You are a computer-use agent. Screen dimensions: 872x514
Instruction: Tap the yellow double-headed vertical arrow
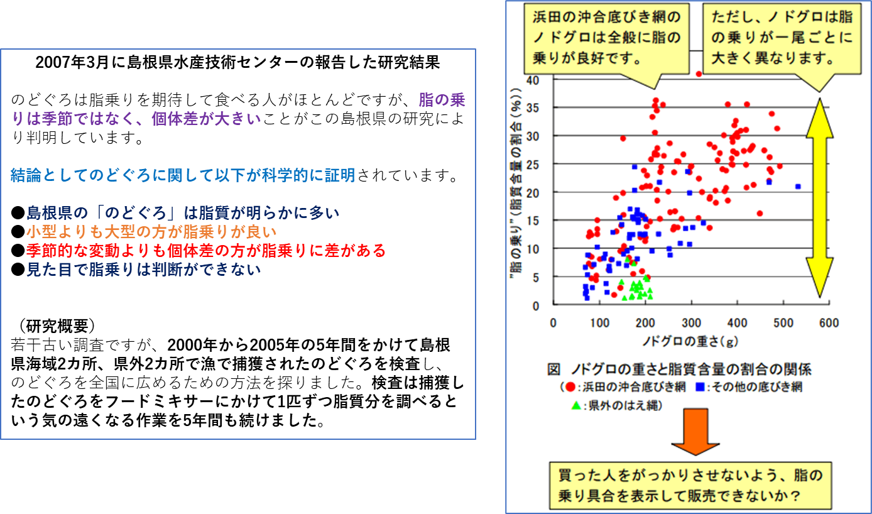(819, 198)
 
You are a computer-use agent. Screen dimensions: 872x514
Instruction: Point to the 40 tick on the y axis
(533, 80)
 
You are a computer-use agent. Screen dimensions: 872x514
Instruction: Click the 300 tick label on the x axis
(691, 323)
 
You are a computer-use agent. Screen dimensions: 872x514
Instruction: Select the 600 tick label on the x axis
(829, 323)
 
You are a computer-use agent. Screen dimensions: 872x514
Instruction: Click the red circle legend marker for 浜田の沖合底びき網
(570, 386)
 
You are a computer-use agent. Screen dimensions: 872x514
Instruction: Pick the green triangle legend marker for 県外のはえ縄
(576, 405)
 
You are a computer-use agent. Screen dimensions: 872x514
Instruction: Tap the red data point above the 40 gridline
(699, 74)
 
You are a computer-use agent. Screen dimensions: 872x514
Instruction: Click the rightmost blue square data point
(798, 187)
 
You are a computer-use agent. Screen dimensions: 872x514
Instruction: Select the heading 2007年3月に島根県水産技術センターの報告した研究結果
(237, 62)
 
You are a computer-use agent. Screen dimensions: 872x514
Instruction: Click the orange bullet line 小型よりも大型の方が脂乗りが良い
(144, 232)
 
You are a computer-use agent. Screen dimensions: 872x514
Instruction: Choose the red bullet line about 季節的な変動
(199, 250)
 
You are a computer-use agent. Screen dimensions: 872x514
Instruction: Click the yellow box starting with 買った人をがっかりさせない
(690, 486)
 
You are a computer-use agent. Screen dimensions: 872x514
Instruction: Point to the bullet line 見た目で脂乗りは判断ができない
(136, 270)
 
